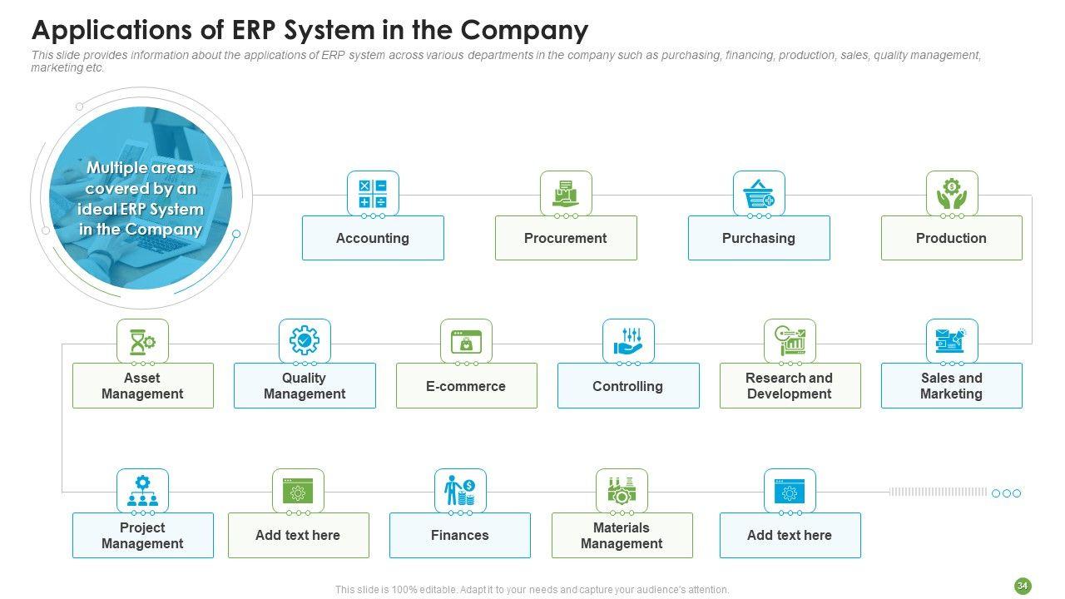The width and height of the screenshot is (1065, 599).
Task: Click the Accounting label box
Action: pyautogui.click(x=373, y=238)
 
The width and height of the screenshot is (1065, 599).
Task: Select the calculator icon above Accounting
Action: pyautogui.click(x=373, y=193)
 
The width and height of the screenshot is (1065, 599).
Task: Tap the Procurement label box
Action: pyautogui.click(x=566, y=238)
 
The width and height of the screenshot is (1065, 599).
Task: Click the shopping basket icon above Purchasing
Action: pyautogui.click(x=759, y=193)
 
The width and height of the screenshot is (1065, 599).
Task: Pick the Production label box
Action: pyautogui.click(x=951, y=238)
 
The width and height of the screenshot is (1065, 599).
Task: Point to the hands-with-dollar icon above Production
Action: pyautogui.click(x=952, y=193)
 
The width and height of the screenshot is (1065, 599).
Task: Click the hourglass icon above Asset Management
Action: pyautogui.click(x=142, y=341)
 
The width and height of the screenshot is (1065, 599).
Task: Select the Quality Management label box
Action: pyautogui.click(x=305, y=386)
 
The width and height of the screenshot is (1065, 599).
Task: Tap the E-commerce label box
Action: pyautogui.click(x=466, y=386)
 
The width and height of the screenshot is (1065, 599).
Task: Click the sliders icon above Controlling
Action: pyautogui.click(x=628, y=341)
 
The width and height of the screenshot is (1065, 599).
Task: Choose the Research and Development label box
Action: pyautogui.click(x=790, y=386)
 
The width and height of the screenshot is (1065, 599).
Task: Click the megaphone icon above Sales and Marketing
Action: pyautogui.click(x=952, y=341)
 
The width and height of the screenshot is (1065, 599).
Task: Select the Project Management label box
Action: pyautogui.click(x=142, y=535)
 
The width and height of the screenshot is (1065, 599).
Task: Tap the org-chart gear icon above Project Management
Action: pyautogui.click(x=142, y=491)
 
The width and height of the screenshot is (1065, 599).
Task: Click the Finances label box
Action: pyautogui.click(x=460, y=535)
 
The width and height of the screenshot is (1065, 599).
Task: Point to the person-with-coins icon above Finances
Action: pyautogui.click(x=460, y=491)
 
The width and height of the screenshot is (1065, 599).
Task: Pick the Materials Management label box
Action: pyautogui.click(x=622, y=535)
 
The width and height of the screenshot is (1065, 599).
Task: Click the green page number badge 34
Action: pyautogui.click(x=1023, y=587)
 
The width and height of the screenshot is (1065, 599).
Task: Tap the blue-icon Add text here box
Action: pyautogui.click(x=790, y=535)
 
